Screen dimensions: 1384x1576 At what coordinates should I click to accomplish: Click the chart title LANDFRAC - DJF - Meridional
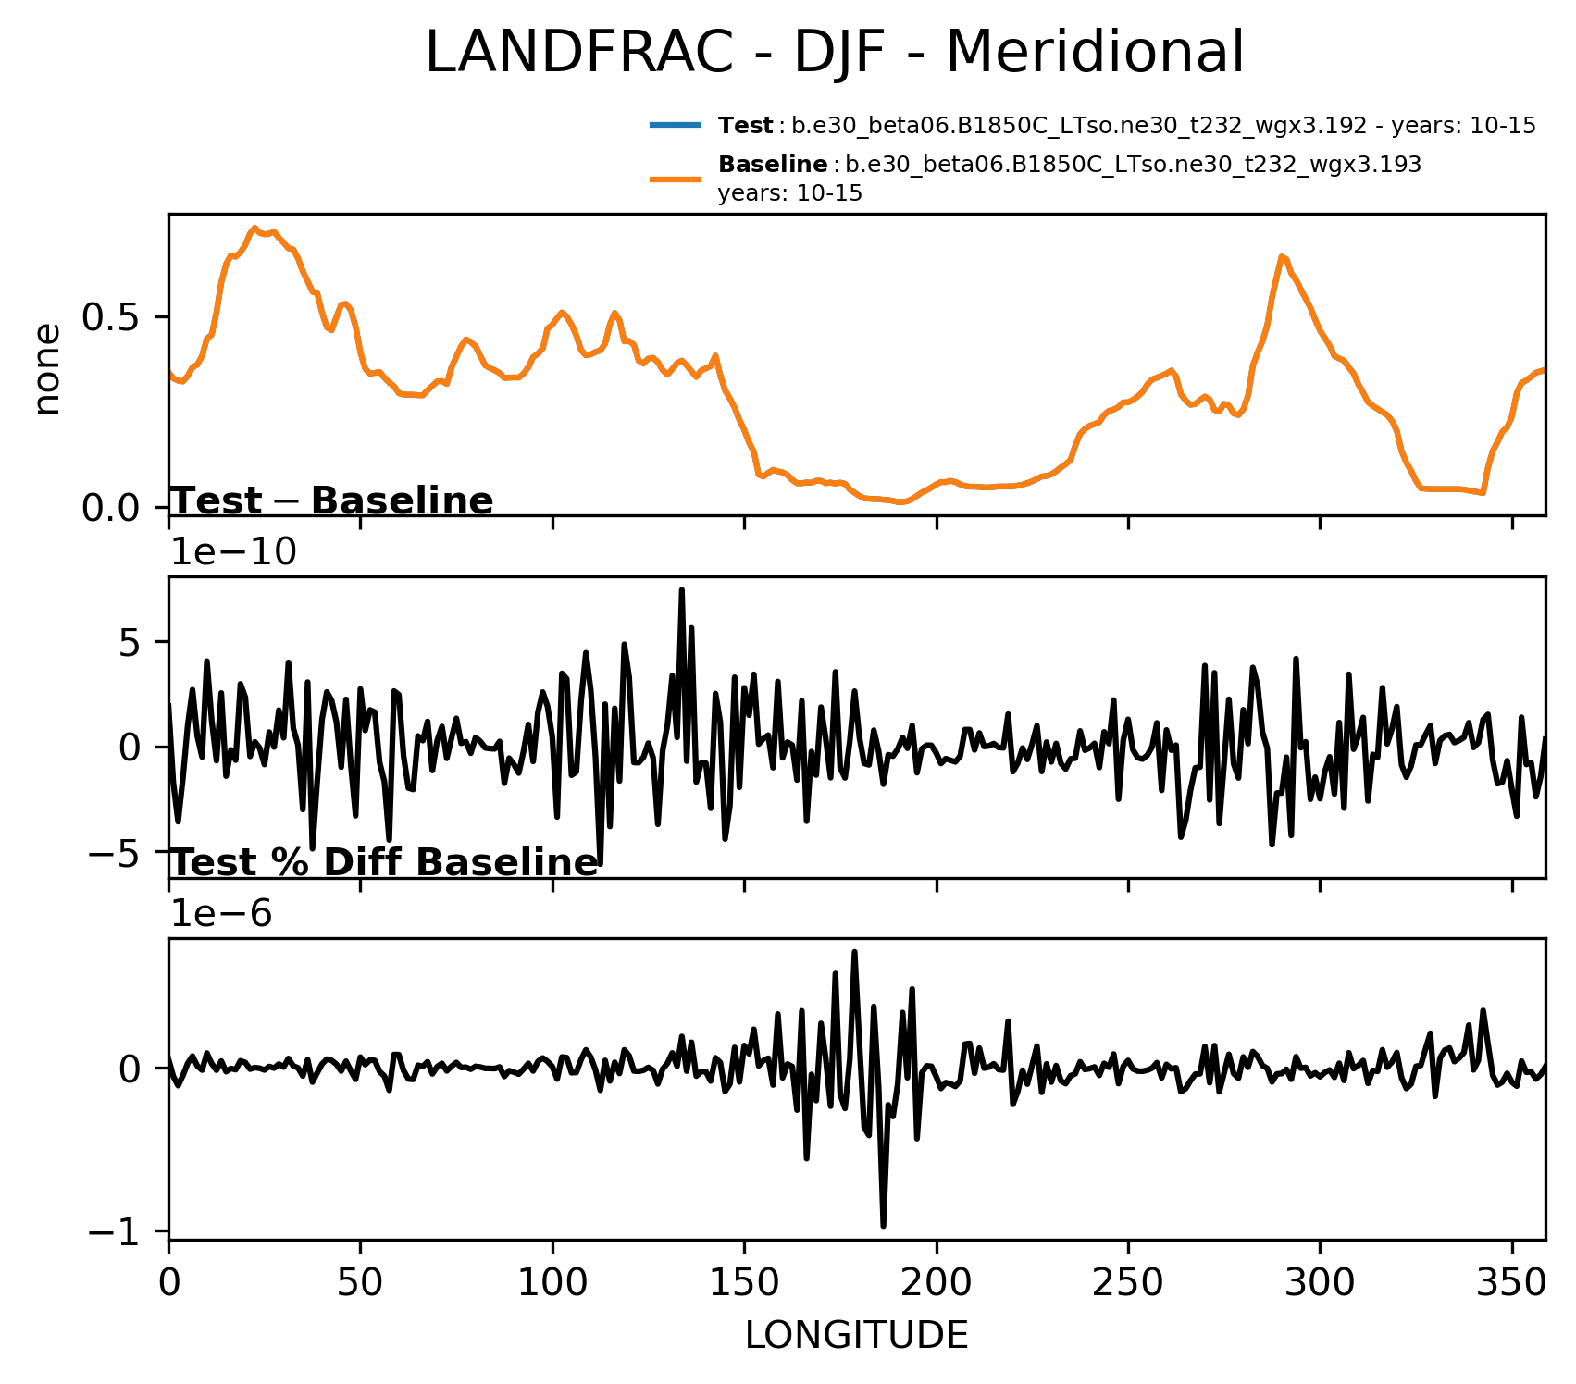click(834, 53)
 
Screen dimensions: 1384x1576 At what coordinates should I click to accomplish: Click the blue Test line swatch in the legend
click(676, 125)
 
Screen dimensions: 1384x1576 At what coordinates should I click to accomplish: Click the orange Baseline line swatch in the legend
click(676, 179)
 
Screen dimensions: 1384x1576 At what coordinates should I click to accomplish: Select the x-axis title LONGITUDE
click(856, 1335)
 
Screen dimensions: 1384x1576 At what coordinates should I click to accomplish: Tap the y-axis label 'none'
click(46, 368)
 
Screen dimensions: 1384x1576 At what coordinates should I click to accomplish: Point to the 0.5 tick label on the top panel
click(111, 317)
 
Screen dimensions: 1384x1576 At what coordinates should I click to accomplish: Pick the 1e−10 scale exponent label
click(233, 552)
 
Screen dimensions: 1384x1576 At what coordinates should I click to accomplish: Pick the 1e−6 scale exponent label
click(221, 914)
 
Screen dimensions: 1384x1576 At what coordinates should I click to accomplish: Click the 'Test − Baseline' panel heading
click(332, 500)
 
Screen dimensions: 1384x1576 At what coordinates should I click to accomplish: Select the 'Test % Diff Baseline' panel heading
click(385, 862)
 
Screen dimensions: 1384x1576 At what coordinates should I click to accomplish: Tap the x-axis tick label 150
click(744, 1284)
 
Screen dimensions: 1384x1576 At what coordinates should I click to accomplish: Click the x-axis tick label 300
click(1320, 1284)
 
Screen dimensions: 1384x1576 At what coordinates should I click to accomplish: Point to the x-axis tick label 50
click(360, 1284)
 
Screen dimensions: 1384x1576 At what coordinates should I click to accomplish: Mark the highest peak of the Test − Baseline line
click(681, 589)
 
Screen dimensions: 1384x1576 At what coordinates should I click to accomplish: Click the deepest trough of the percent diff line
click(883, 1226)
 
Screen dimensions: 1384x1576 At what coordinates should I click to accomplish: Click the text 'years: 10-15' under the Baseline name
click(789, 193)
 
